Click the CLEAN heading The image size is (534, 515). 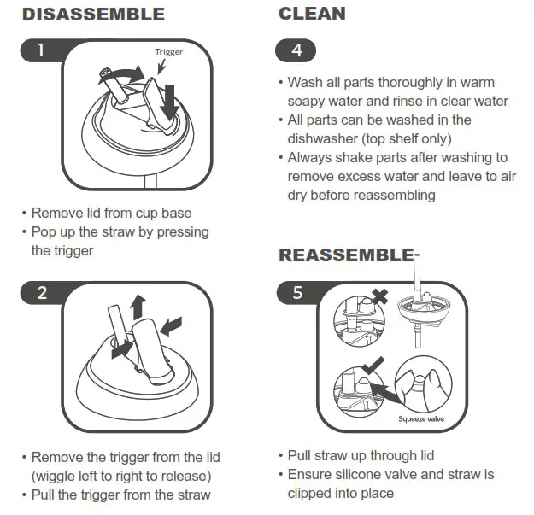[312, 13]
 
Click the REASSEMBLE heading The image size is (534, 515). [346, 255]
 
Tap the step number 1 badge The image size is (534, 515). [41, 50]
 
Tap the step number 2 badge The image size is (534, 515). [41, 292]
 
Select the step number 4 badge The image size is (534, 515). [296, 50]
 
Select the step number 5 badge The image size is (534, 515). [296, 292]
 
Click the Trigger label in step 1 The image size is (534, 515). [169, 51]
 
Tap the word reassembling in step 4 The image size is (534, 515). [396, 195]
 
